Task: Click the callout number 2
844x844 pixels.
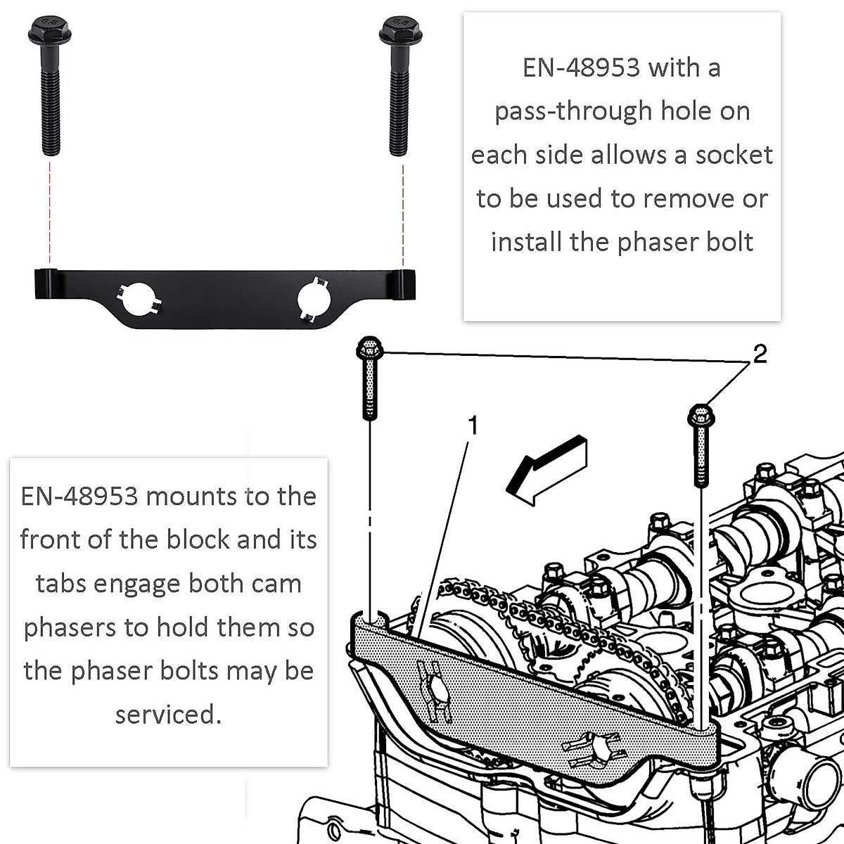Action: coord(760,354)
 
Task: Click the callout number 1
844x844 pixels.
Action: coord(473,426)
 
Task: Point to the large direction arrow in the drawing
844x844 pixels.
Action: coord(545,468)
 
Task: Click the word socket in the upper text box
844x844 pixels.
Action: coord(734,155)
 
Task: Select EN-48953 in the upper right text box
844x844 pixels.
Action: coord(581,68)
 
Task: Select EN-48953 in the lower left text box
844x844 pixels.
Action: coord(79,496)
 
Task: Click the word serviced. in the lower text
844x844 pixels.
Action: coord(168,714)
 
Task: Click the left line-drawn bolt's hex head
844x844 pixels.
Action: coord(369,347)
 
